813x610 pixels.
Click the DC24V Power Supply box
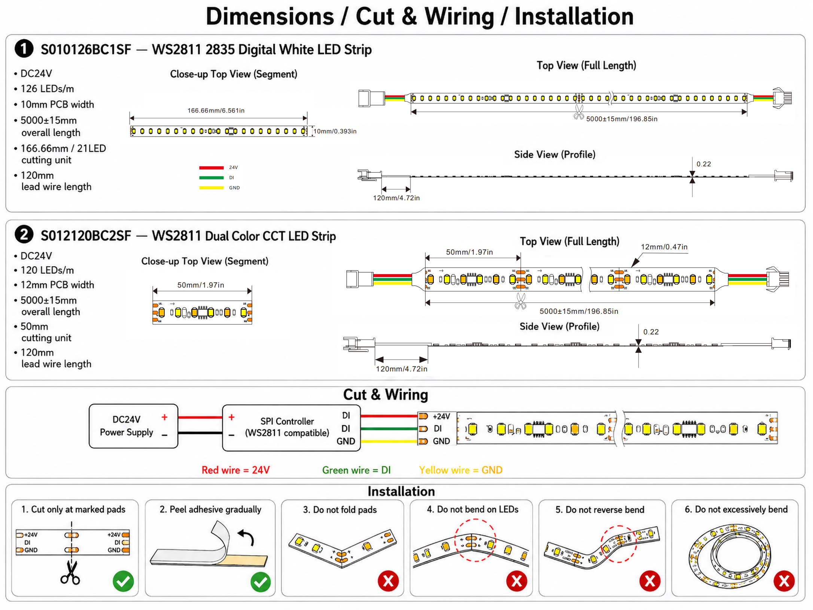[x=133, y=426]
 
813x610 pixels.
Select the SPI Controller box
[x=291, y=428]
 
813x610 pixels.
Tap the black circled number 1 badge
[x=24, y=49]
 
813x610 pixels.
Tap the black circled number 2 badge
[x=24, y=235]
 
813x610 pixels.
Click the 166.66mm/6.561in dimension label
[x=216, y=110]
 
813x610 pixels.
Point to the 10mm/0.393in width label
[x=335, y=131]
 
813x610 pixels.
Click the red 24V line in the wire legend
[x=211, y=167]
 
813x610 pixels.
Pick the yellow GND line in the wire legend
[x=211, y=188]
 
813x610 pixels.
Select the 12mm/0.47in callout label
[x=664, y=247]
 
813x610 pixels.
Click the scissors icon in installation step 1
[x=70, y=572]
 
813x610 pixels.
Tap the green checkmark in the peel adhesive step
[x=261, y=582]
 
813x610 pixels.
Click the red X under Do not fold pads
[x=388, y=581]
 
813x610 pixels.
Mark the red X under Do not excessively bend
[x=784, y=581]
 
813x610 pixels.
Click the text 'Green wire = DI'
[x=356, y=470]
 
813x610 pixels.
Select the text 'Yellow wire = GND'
[x=460, y=470]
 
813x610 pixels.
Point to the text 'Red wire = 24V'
[x=235, y=470]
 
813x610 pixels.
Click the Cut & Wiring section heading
[x=386, y=395]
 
